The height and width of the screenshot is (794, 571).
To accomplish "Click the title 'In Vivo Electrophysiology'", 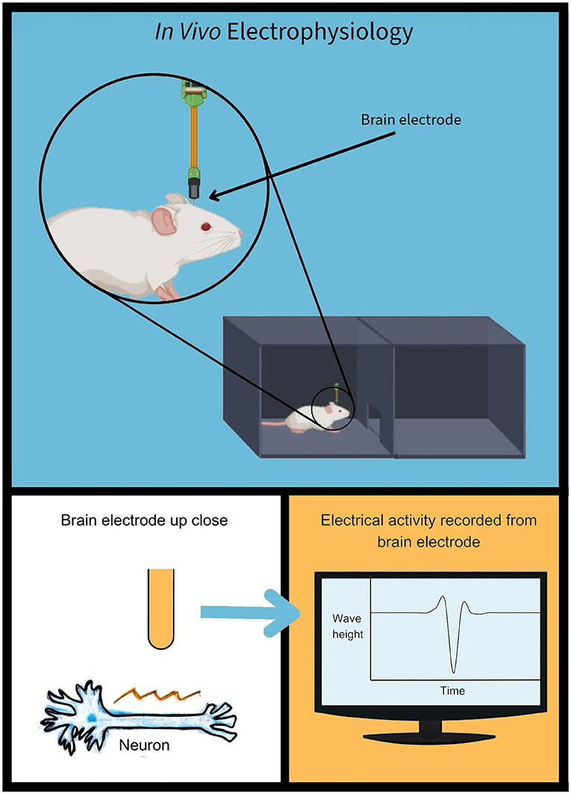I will pos(285,34).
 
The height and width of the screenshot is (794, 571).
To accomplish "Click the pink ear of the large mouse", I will pos(163,220).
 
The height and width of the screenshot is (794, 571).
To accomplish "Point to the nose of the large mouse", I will pos(240,234).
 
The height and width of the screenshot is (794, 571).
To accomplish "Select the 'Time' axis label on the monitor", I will pos(452,691).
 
